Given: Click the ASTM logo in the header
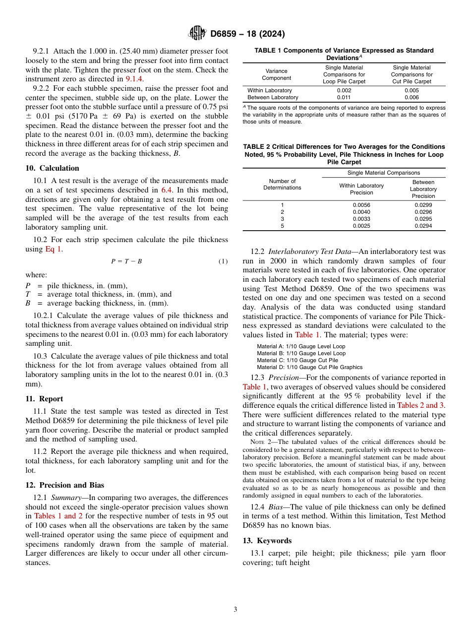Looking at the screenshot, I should (x=197, y=34).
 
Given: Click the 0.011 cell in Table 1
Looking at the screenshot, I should (x=344, y=98).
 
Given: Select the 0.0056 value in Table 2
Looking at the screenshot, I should (x=361, y=204).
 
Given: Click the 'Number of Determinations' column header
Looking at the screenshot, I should (x=282, y=185).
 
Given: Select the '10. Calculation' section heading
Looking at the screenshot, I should (x=52, y=168).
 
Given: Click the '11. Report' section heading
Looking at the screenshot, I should (x=44, y=399).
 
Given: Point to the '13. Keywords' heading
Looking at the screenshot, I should (x=267, y=541).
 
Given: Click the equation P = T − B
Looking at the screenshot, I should (x=126, y=261).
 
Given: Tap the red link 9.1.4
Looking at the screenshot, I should (x=133, y=79).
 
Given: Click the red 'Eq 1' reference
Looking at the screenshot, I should (x=53, y=249).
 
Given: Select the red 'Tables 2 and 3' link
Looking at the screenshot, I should (x=420, y=405).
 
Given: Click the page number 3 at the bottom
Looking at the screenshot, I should (x=235, y=610).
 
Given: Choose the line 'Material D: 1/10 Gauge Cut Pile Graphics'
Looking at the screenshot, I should (x=309, y=367).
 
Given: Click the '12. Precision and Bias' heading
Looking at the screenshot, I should (x=65, y=485).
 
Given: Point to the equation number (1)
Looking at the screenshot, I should (x=223, y=261).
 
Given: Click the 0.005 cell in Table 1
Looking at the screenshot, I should (x=412, y=90).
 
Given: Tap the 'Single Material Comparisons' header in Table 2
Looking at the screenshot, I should (x=383, y=173).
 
